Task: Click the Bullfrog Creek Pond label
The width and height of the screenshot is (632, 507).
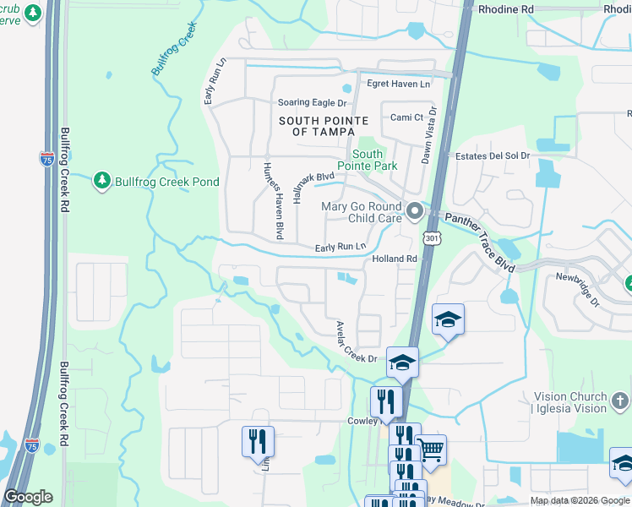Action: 167,182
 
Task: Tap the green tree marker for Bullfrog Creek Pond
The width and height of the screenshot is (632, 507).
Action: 102,181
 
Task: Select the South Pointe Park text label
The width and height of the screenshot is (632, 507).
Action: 368,160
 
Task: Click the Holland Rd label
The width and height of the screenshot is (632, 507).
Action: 395,259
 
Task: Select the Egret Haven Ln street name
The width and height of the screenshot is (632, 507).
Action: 398,84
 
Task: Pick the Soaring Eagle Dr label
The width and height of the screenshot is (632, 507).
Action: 313,103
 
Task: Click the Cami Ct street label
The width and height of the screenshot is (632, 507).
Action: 406,117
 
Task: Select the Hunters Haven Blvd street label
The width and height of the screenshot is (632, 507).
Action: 271,199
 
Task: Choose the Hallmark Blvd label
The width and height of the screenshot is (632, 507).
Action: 308,187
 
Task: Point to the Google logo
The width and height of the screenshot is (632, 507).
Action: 28,497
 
